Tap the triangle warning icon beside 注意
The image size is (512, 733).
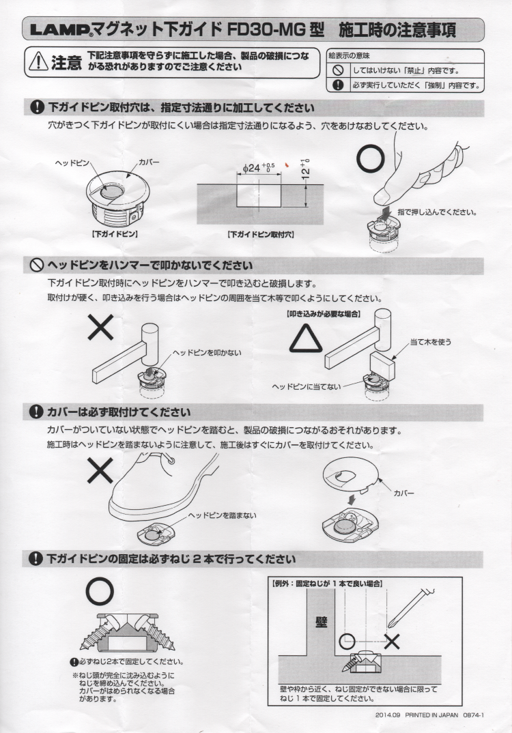[x=38, y=61]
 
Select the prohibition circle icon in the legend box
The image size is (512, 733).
[x=338, y=70]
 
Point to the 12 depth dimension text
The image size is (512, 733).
[x=306, y=169]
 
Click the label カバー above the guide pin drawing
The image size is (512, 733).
[x=149, y=162]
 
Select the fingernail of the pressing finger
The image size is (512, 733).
[x=386, y=192]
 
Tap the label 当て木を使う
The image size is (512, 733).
[x=431, y=342]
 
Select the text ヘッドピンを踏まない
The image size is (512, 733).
[x=222, y=515]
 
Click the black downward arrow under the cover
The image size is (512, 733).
[x=353, y=500]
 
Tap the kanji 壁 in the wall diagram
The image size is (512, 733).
[x=322, y=622]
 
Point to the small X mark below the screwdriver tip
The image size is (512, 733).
[x=392, y=642]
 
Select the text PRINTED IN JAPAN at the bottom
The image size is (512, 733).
[x=431, y=715]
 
